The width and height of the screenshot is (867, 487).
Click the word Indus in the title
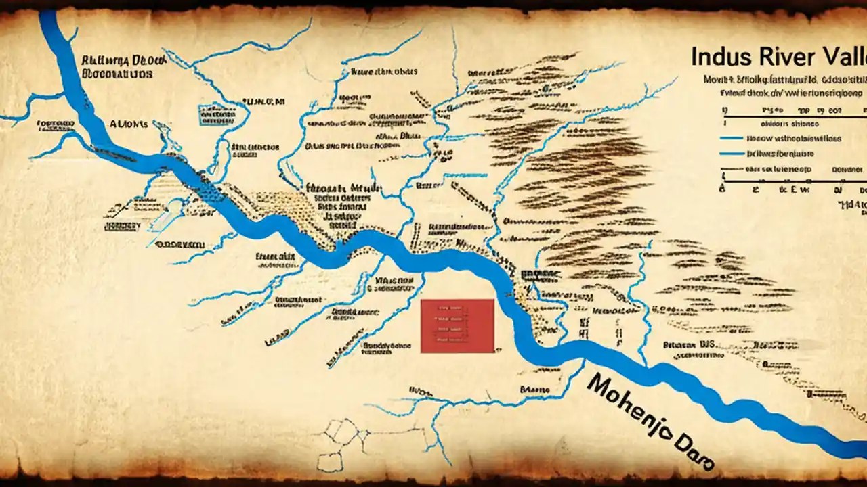click(719, 57)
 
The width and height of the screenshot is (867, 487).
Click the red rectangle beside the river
click(457, 325)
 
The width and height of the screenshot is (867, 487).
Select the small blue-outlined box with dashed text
click(217, 115)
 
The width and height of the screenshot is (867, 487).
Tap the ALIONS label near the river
click(128, 124)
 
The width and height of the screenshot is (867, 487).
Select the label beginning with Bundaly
click(387, 346)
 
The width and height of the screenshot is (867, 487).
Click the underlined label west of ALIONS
click(55, 124)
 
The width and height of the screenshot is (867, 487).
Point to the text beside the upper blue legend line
click(793, 138)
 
